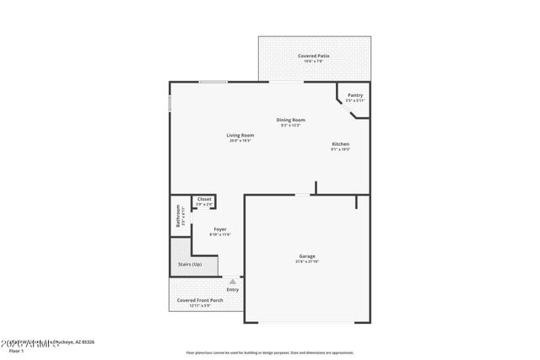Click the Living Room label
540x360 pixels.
pyautogui.click(x=240, y=135)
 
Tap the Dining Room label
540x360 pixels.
pyautogui.click(x=290, y=120)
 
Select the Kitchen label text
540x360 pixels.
pyautogui.click(x=340, y=144)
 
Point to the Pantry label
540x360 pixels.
pyautogui.click(x=354, y=95)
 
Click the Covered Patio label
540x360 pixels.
pyautogui.click(x=314, y=56)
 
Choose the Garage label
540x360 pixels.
pyautogui.click(x=307, y=256)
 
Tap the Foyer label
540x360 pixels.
pyautogui.click(x=219, y=228)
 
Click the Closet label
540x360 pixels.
pyautogui.click(x=204, y=199)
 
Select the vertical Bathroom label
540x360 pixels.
pyautogui.click(x=178, y=217)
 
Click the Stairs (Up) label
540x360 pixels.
pyautogui.click(x=190, y=264)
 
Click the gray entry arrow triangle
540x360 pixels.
pyautogui.click(x=232, y=282)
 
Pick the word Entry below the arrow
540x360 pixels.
pyautogui.click(x=232, y=290)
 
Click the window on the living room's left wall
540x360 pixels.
pyautogui.click(x=170, y=102)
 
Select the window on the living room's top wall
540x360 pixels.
pyautogui.click(x=213, y=82)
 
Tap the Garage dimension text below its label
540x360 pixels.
pyautogui.click(x=307, y=262)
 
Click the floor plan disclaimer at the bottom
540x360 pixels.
pyautogui.click(x=270, y=353)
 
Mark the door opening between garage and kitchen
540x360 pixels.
pyautogui.click(x=301, y=195)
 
